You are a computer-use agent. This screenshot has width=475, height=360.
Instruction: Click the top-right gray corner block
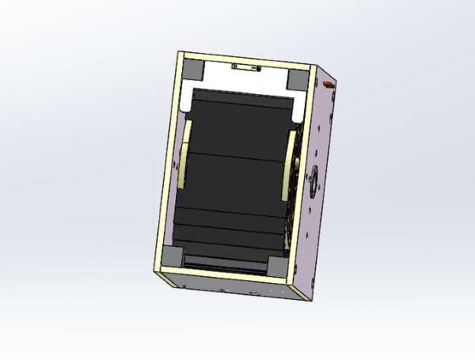click(298, 78)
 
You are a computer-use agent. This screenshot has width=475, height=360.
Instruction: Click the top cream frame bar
click(245, 60)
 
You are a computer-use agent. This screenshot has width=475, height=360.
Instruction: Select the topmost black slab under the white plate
click(241, 99)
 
